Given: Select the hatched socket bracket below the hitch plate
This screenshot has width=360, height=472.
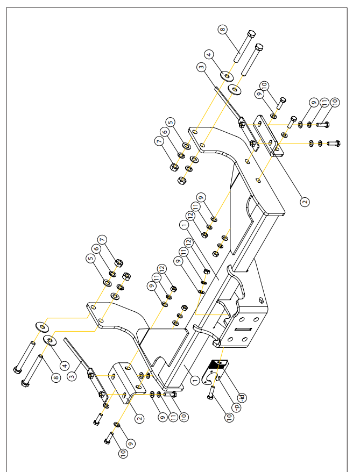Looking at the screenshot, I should click(x=218, y=368).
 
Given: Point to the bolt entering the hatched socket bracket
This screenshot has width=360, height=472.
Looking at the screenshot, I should click(x=211, y=394).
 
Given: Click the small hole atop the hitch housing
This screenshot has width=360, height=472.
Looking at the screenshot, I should click(x=261, y=299).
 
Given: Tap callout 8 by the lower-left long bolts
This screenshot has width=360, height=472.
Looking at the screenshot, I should click(x=55, y=378).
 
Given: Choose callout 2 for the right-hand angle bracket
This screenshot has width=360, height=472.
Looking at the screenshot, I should click(x=305, y=202).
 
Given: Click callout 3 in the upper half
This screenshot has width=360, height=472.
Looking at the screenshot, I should click(x=201, y=67).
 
